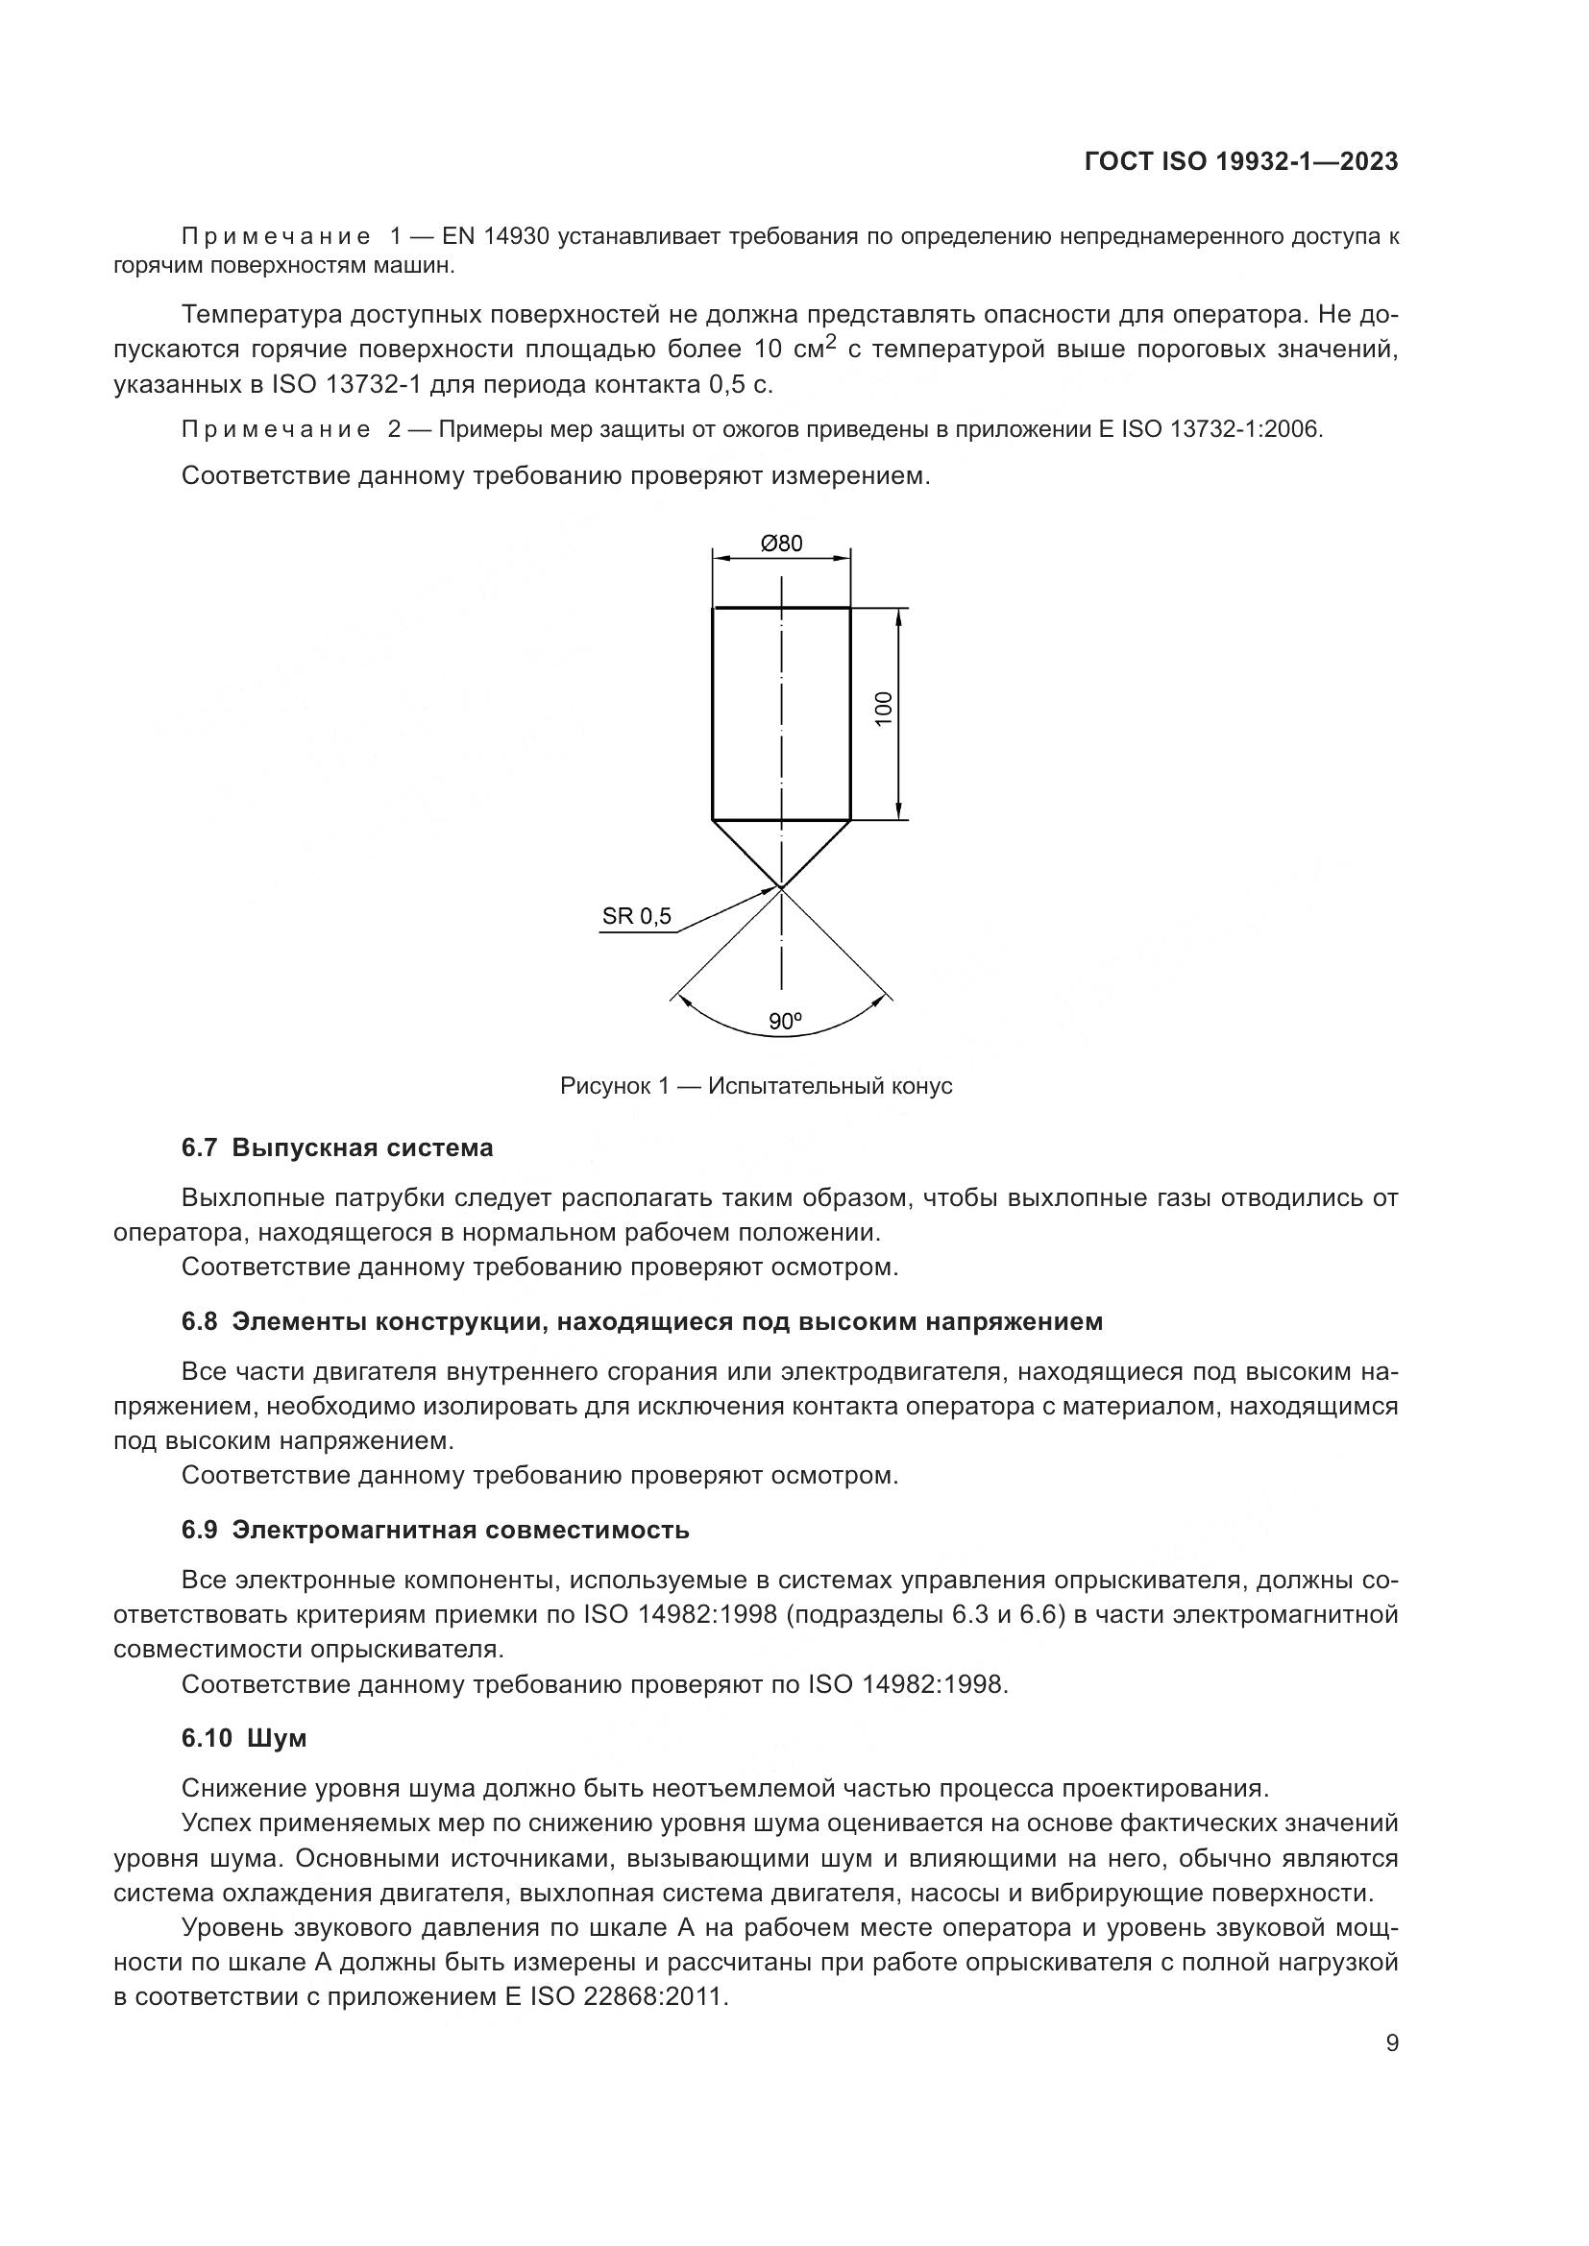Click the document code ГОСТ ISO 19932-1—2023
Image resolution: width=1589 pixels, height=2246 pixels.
pos(1240,162)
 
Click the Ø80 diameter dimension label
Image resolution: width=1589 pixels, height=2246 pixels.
pos(781,543)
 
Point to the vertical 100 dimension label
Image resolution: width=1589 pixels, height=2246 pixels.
pos(884,709)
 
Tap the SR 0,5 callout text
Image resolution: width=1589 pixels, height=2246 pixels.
pos(637,917)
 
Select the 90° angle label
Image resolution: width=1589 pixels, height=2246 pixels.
pos(785,1022)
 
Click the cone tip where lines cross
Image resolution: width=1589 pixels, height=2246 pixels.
pos(781,887)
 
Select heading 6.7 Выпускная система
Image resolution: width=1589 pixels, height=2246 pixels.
pos(337,1147)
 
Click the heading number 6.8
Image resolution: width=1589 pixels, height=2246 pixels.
pos(199,1321)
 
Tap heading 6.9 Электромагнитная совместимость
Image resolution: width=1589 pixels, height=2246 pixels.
pos(435,1530)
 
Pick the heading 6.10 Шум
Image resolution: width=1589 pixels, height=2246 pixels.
pos(244,1738)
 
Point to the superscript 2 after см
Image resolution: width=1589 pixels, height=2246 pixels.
pos(832,342)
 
